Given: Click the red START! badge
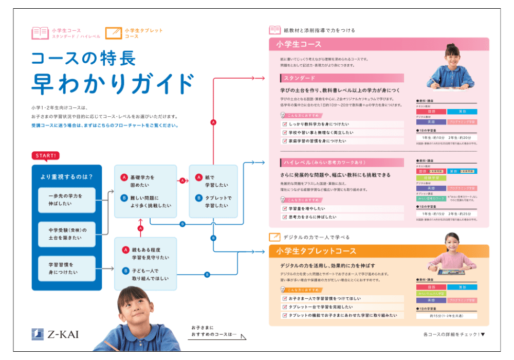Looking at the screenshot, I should [x=46, y=155].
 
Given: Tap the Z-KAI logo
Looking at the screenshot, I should [x=56, y=334].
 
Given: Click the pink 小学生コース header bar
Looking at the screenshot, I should [x=379, y=44].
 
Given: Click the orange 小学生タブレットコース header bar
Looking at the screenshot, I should [x=379, y=251].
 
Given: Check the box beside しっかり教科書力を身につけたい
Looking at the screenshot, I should [x=284, y=124].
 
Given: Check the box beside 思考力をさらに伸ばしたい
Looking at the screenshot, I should [x=284, y=217].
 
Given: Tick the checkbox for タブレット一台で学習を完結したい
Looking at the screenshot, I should [x=284, y=307].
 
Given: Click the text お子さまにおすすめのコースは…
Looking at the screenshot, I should [x=213, y=331].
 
